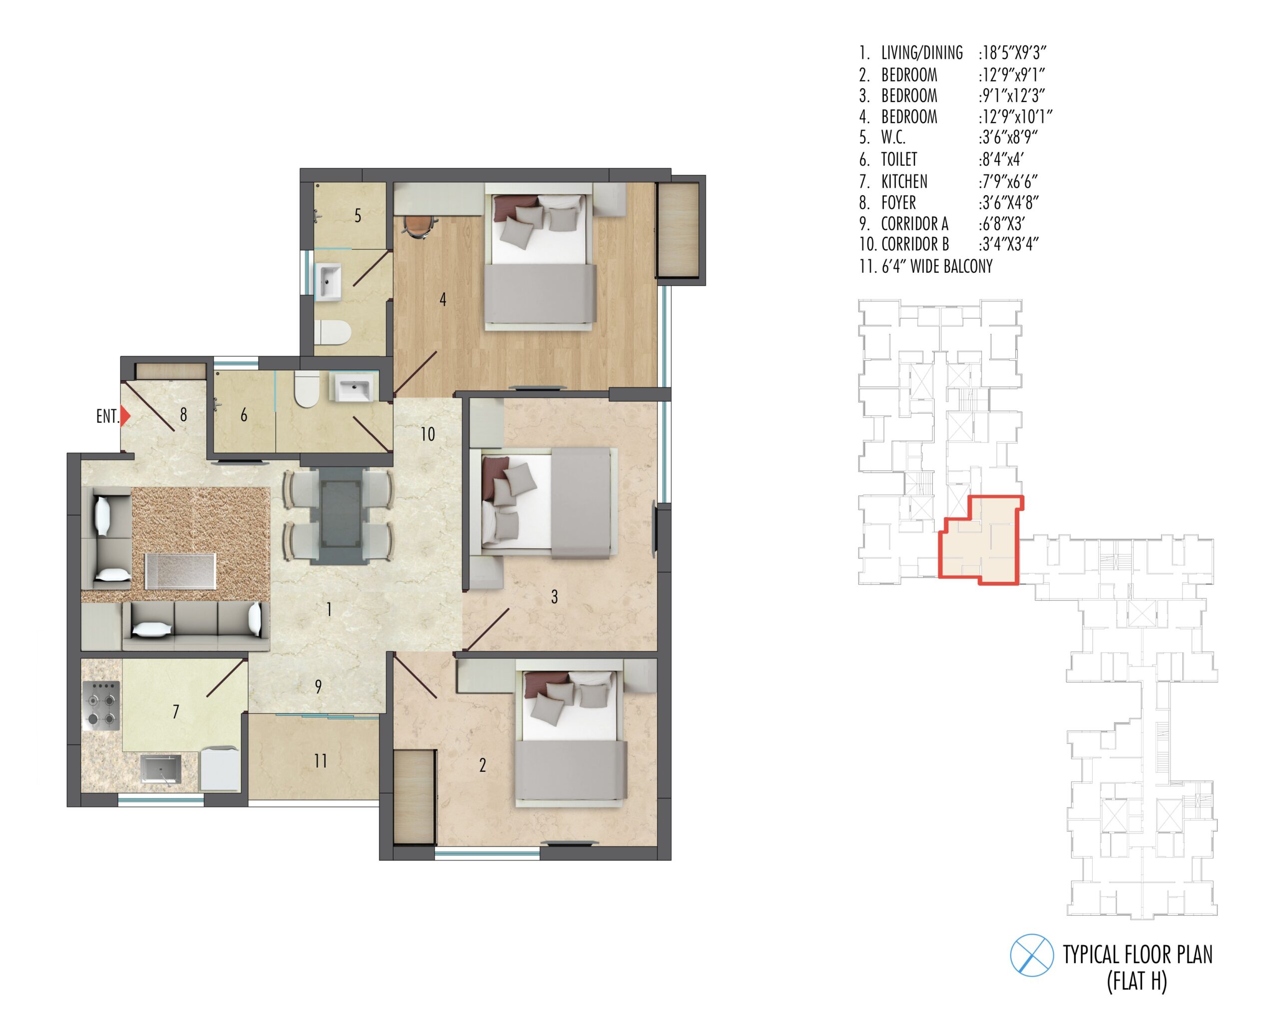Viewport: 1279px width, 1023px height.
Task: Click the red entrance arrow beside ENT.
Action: coord(124,416)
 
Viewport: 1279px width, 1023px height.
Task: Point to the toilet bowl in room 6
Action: coord(306,390)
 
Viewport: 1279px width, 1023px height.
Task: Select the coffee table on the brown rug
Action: coord(180,571)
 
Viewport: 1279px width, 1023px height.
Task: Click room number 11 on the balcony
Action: coord(320,761)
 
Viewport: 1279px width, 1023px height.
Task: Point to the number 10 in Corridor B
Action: coord(428,435)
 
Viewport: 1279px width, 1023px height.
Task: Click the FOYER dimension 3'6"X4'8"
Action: coord(1009,202)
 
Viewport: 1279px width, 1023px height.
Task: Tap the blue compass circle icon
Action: coord(1032,956)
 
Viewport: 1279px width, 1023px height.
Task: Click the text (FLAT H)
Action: coord(1137,981)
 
